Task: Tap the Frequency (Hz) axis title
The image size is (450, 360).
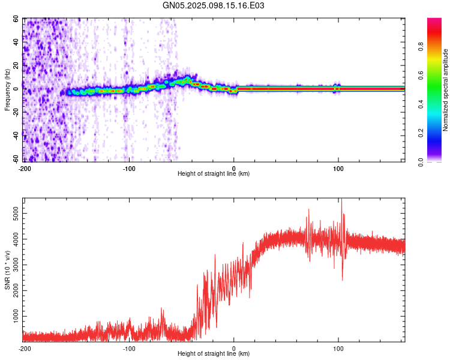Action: pyautogui.click(x=8, y=90)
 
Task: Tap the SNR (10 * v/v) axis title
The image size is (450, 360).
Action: pyautogui.click(x=8, y=270)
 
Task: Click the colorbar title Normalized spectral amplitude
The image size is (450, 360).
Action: pyautogui.click(x=446, y=90)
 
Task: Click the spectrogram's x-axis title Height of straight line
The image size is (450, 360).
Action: pyautogui.click(x=214, y=173)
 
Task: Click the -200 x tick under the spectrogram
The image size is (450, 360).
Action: pyautogui.click(x=25, y=168)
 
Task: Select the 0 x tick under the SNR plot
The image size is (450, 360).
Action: pyautogui.click(x=234, y=348)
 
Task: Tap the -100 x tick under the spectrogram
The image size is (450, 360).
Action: pyautogui.click(x=129, y=168)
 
